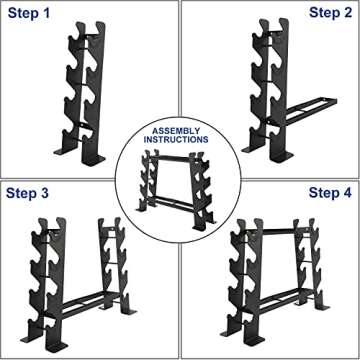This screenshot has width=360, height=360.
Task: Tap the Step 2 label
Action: tap(329, 13)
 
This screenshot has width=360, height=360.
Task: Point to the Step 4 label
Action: tap(329, 192)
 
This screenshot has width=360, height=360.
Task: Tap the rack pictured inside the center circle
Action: tap(180, 178)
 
